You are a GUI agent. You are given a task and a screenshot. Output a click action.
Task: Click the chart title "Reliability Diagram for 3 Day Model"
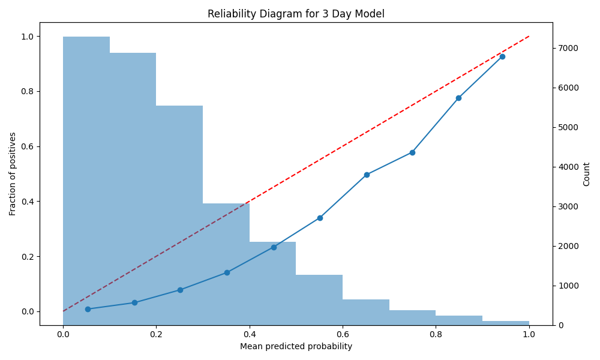click(x=296, y=14)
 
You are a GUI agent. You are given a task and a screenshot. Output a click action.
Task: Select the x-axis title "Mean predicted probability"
click(x=296, y=347)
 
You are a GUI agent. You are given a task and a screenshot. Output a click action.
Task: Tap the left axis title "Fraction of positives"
click(x=12, y=173)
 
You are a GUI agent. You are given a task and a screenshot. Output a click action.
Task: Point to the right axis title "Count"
click(x=586, y=174)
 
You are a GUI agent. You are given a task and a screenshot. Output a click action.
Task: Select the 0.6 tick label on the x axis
click(x=343, y=334)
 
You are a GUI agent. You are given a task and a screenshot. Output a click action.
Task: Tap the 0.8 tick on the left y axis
click(x=28, y=91)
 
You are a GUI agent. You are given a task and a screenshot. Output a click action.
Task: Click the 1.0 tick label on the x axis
click(x=529, y=334)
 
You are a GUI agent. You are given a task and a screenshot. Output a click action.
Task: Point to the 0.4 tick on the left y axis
click(x=28, y=202)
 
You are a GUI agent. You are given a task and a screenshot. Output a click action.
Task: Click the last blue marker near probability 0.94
click(x=502, y=56)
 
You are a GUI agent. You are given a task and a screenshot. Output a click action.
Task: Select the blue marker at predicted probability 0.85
click(x=458, y=98)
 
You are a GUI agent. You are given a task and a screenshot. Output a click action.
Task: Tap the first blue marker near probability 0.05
click(x=88, y=309)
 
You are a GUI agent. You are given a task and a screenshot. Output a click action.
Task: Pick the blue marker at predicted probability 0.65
click(x=367, y=175)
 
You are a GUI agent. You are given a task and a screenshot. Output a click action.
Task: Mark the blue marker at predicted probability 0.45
click(x=274, y=248)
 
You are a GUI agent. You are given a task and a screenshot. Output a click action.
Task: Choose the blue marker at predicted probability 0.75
click(x=412, y=152)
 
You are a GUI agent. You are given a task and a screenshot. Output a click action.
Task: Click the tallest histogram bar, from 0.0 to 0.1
click(x=86, y=181)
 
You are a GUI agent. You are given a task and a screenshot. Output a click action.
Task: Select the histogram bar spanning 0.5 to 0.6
click(x=319, y=300)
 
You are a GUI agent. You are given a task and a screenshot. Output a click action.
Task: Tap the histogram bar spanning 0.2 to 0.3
click(x=179, y=215)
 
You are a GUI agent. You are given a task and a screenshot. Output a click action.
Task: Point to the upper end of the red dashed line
click(x=529, y=37)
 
